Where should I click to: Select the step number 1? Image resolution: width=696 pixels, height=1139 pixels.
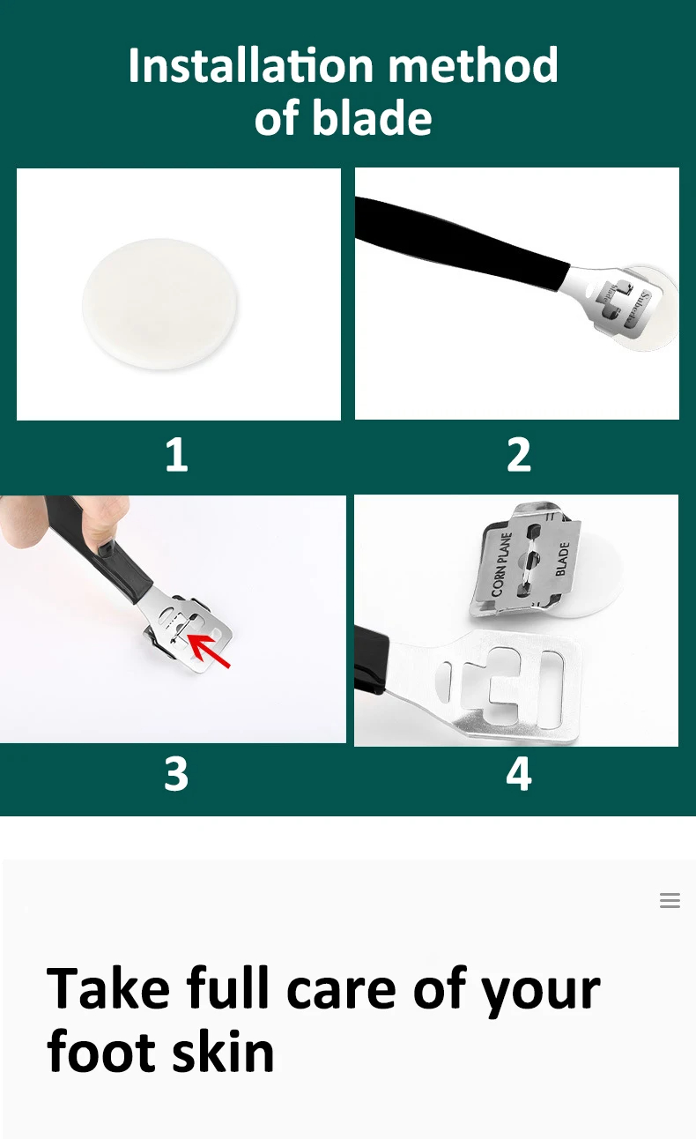pos(176,455)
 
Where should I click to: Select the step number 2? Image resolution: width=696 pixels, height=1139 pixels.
pos(519,455)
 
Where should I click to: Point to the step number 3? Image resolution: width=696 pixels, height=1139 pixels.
pos(176,773)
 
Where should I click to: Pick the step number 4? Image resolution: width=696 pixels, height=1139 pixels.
pos(519,773)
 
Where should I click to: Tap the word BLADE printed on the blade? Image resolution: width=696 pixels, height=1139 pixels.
pos(562,559)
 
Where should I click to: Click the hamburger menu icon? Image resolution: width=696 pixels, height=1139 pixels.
pos(670,900)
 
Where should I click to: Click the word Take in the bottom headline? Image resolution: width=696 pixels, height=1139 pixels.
pos(108,988)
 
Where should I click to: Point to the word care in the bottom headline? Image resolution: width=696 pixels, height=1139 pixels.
pos(340,988)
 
